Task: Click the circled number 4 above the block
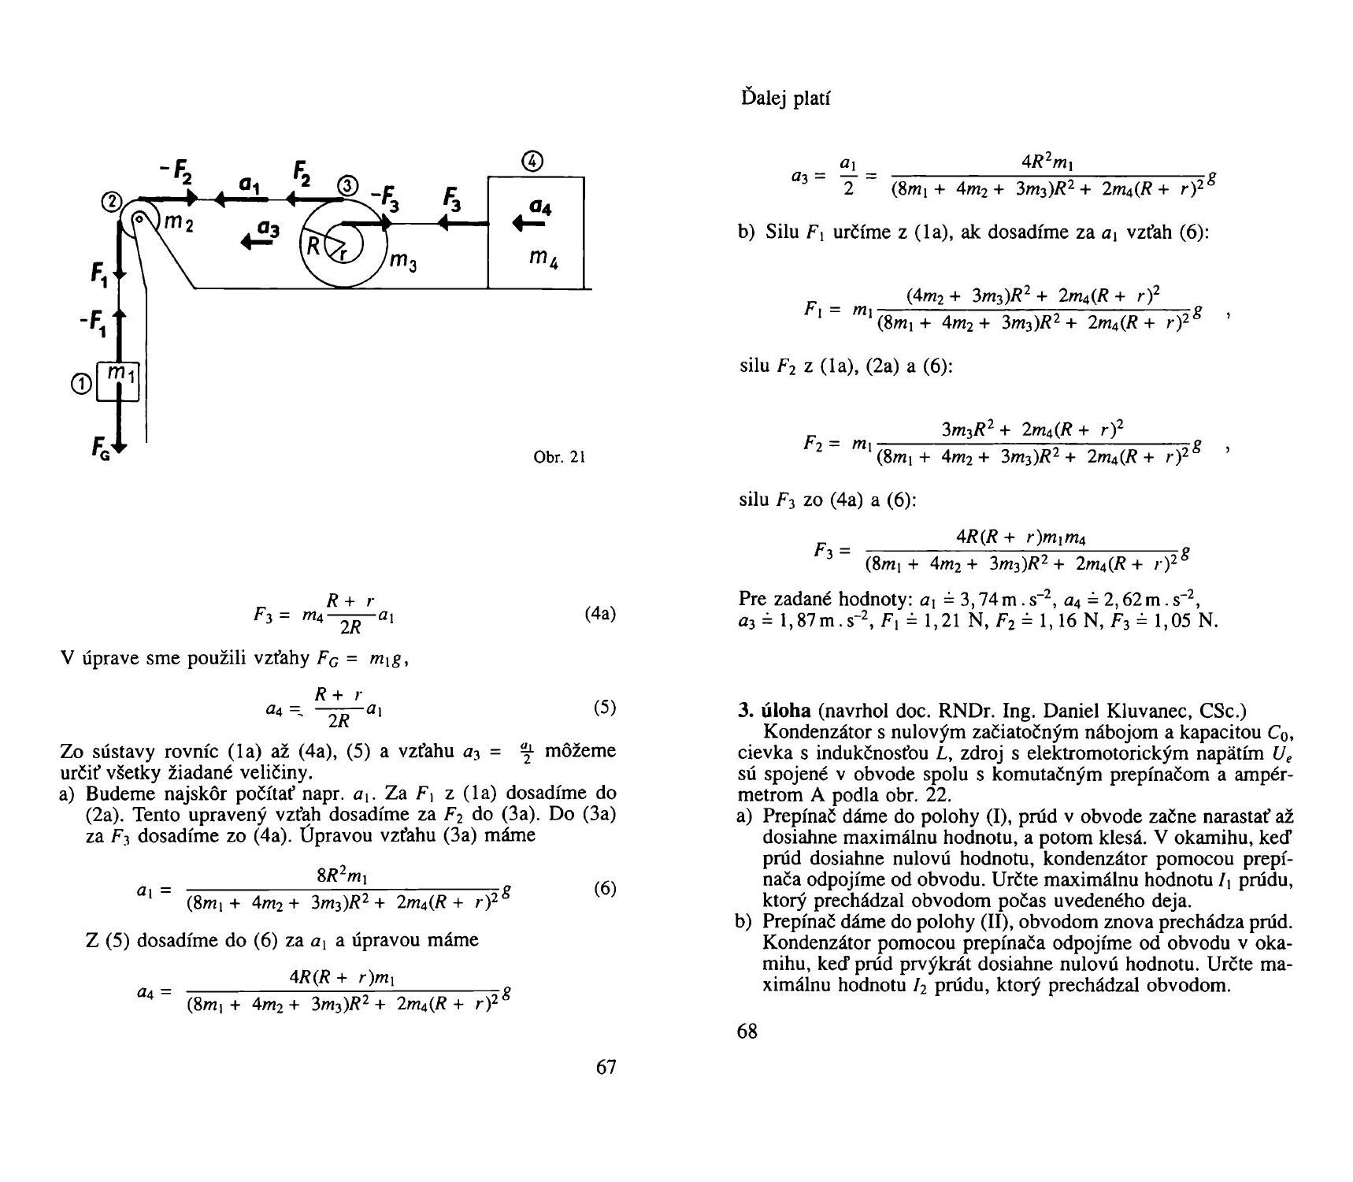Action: (533, 161)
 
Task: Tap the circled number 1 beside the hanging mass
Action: (80, 385)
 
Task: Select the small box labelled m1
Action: (118, 381)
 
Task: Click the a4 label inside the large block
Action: (539, 207)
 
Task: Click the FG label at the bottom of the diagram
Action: (99, 451)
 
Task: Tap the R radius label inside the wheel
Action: (313, 246)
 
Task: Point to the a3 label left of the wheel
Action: (269, 229)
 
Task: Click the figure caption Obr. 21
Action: (559, 457)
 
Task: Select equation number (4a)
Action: (600, 614)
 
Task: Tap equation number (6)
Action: (605, 889)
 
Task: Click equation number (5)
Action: (605, 707)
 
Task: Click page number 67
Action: (606, 1067)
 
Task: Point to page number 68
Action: (747, 1031)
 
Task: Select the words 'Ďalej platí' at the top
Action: (786, 98)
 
